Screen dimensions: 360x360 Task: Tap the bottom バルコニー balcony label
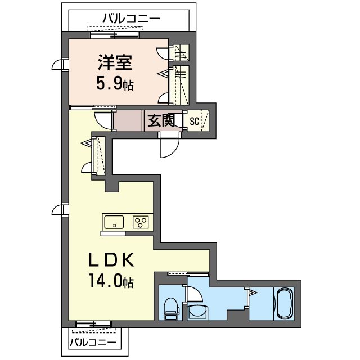click(x=93, y=342)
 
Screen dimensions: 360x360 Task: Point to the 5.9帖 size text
click(x=114, y=85)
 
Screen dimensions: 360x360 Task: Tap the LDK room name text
click(x=110, y=260)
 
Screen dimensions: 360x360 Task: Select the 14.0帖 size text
click(x=110, y=281)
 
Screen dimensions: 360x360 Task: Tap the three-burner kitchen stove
click(x=141, y=222)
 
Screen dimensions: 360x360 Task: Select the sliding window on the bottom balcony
click(x=94, y=324)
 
